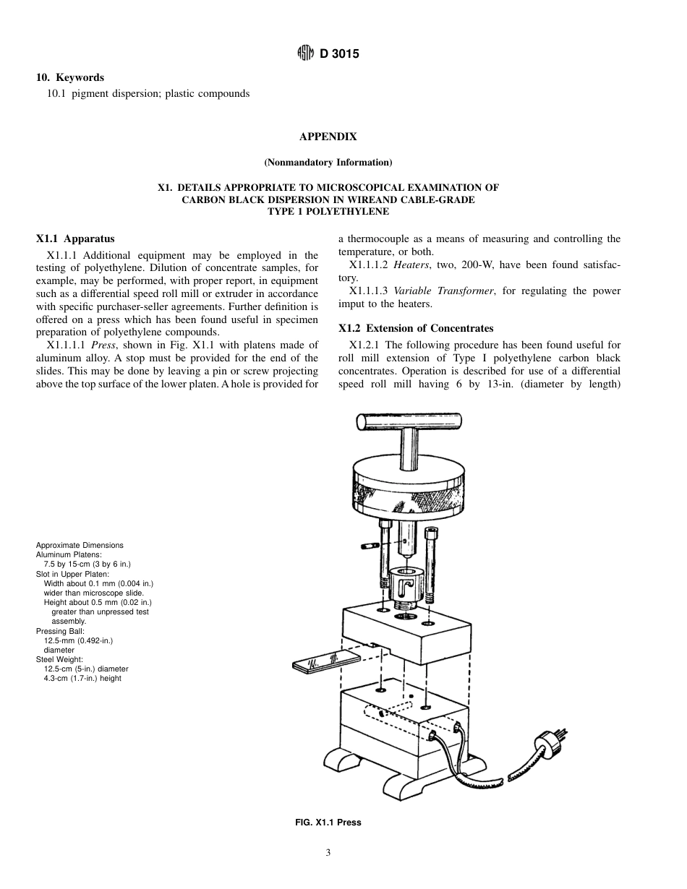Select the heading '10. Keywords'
(70, 77)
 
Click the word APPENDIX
(328, 137)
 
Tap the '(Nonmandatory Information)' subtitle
(328, 162)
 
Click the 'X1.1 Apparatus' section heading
(75, 239)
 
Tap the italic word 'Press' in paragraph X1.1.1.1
(104, 345)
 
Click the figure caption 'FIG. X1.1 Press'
(328, 822)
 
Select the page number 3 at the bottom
(328, 853)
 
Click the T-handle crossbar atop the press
(409, 422)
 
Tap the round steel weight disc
(409, 488)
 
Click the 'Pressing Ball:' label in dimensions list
(61, 631)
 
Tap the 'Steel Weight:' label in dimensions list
(59, 659)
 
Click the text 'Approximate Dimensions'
(80, 545)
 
